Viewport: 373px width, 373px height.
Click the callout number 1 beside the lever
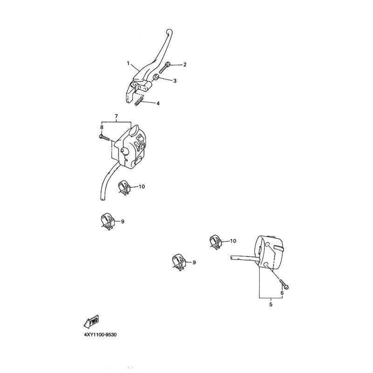(127, 62)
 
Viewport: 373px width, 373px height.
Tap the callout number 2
(185, 64)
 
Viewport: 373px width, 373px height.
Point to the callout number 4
(158, 103)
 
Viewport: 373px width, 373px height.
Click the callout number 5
(270, 304)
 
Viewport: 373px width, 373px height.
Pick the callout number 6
(282, 294)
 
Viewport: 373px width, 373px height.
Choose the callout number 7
(116, 115)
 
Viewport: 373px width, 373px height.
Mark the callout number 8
(101, 127)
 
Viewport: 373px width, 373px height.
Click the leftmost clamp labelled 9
(107, 221)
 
